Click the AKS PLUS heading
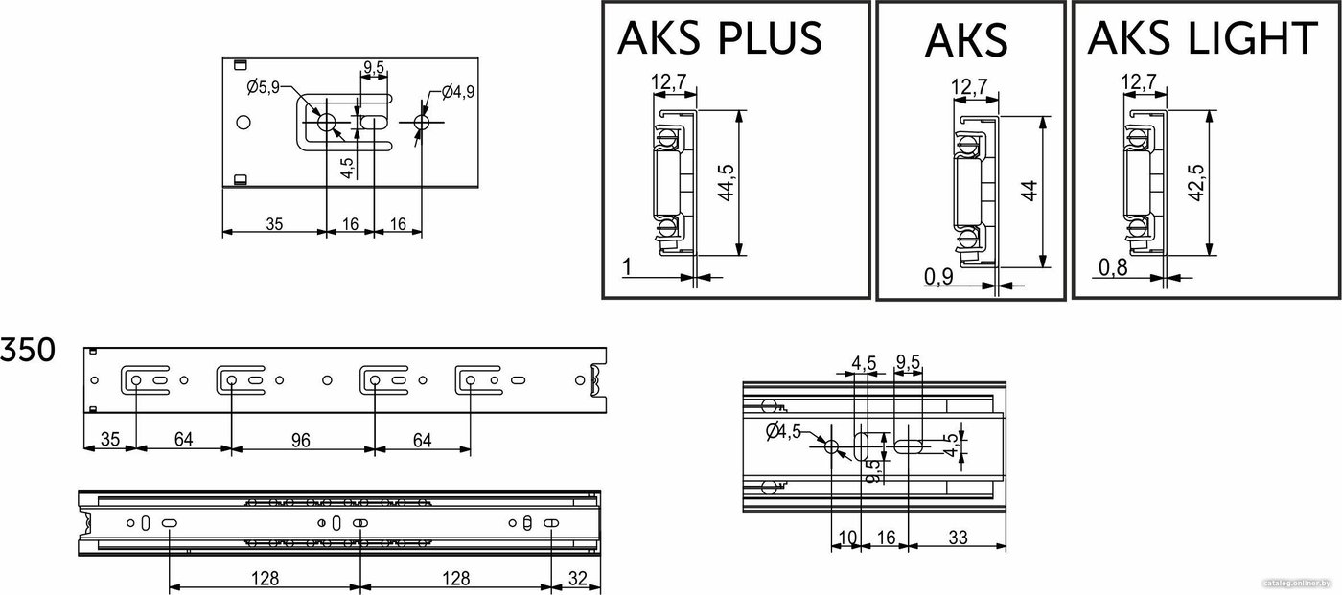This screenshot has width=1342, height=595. (x=720, y=37)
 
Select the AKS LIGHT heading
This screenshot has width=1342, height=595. (x=1203, y=37)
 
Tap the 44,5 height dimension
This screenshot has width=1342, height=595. (x=727, y=183)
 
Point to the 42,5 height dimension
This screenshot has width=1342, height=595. (x=1196, y=183)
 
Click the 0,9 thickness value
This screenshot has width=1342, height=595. (x=938, y=277)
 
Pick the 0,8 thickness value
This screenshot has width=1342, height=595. (x=1113, y=267)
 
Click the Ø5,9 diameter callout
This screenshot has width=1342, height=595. (x=263, y=87)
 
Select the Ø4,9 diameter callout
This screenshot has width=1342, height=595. (x=458, y=92)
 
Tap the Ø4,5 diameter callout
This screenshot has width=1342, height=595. (x=784, y=431)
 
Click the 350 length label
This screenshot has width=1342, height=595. (x=28, y=350)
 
